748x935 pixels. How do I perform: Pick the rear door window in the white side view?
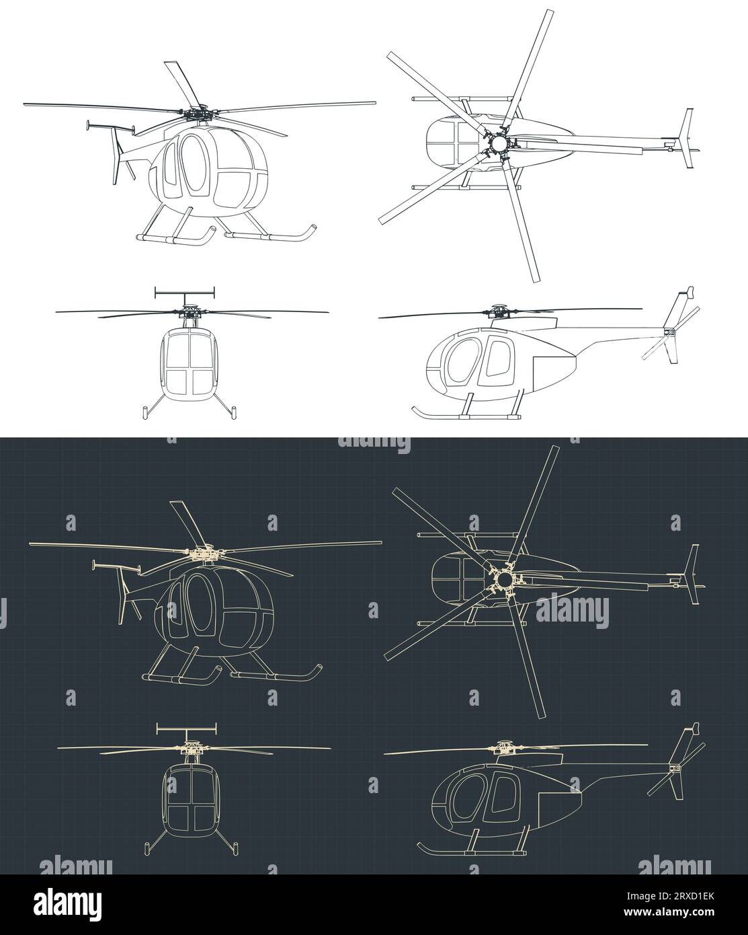pyautogui.click(x=498, y=359)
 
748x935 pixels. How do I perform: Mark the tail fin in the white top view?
pyautogui.click(x=687, y=139)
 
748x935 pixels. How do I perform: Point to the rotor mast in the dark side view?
pyautogui.click(x=502, y=749)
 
